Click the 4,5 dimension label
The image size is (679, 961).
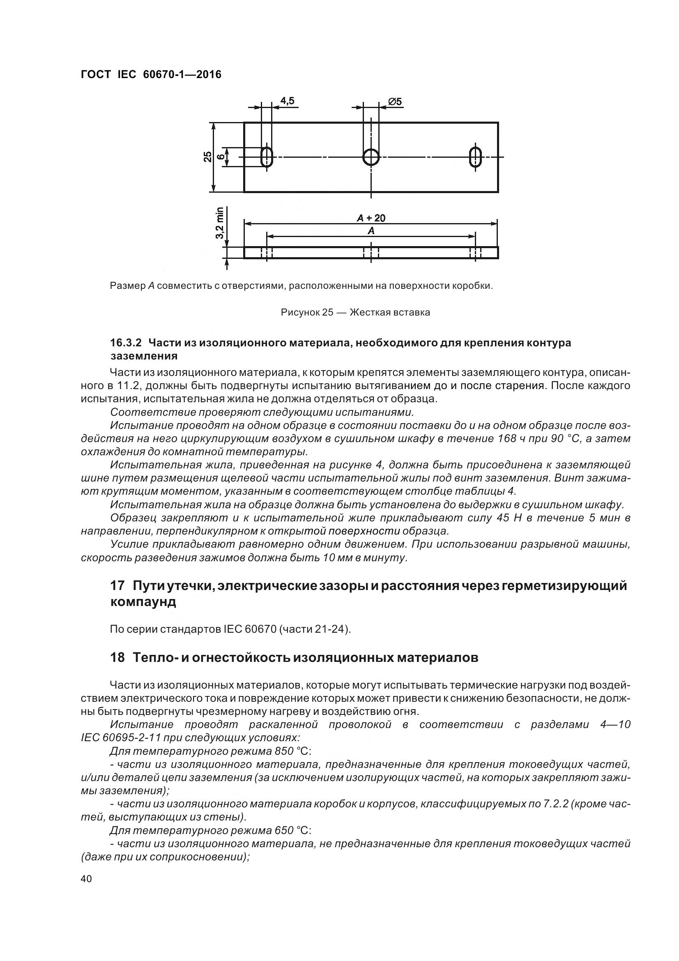click(287, 101)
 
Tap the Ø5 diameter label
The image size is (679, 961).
click(394, 102)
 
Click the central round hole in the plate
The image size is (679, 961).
click(371, 157)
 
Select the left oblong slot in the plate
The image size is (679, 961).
click(267, 157)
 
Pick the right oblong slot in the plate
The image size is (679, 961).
click(475, 157)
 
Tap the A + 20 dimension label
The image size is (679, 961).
click(371, 218)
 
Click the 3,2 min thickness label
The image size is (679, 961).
click(220, 224)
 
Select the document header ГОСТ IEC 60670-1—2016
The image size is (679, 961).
click(151, 74)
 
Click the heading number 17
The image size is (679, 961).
click(117, 585)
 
